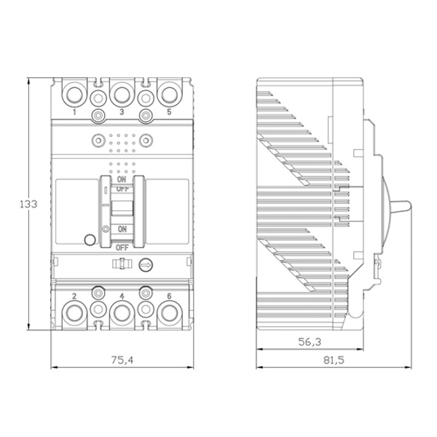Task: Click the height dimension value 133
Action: click(x=28, y=204)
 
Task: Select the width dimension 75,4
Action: click(x=122, y=360)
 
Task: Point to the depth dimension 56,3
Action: click(x=310, y=342)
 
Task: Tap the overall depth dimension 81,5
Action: click(x=334, y=360)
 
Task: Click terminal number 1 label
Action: click(x=74, y=112)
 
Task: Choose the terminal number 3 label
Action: click(x=122, y=112)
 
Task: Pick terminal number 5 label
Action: click(x=169, y=111)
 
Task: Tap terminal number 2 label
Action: click(x=74, y=296)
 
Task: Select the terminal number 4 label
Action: click(x=122, y=296)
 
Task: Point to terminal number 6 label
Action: click(x=169, y=296)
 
